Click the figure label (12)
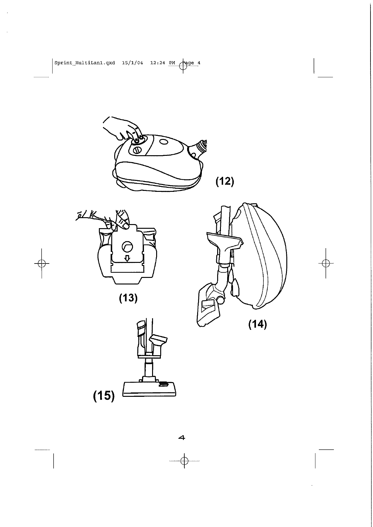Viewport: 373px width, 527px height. click(x=225, y=181)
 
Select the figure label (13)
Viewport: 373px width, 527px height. click(x=128, y=298)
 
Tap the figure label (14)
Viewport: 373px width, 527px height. click(x=257, y=324)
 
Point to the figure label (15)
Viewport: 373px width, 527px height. click(x=104, y=396)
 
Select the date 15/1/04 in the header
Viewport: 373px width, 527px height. click(x=132, y=63)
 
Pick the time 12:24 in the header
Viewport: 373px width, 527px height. click(x=158, y=63)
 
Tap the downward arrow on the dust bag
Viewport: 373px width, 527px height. click(x=127, y=258)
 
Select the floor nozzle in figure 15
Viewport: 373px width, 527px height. click(x=149, y=388)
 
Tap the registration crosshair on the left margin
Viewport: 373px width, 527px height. click(x=41, y=263)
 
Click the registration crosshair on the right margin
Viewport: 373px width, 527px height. click(x=326, y=263)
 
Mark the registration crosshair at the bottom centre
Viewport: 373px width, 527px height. click(x=184, y=461)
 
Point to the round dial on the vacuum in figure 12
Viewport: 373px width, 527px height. click(x=137, y=151)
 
